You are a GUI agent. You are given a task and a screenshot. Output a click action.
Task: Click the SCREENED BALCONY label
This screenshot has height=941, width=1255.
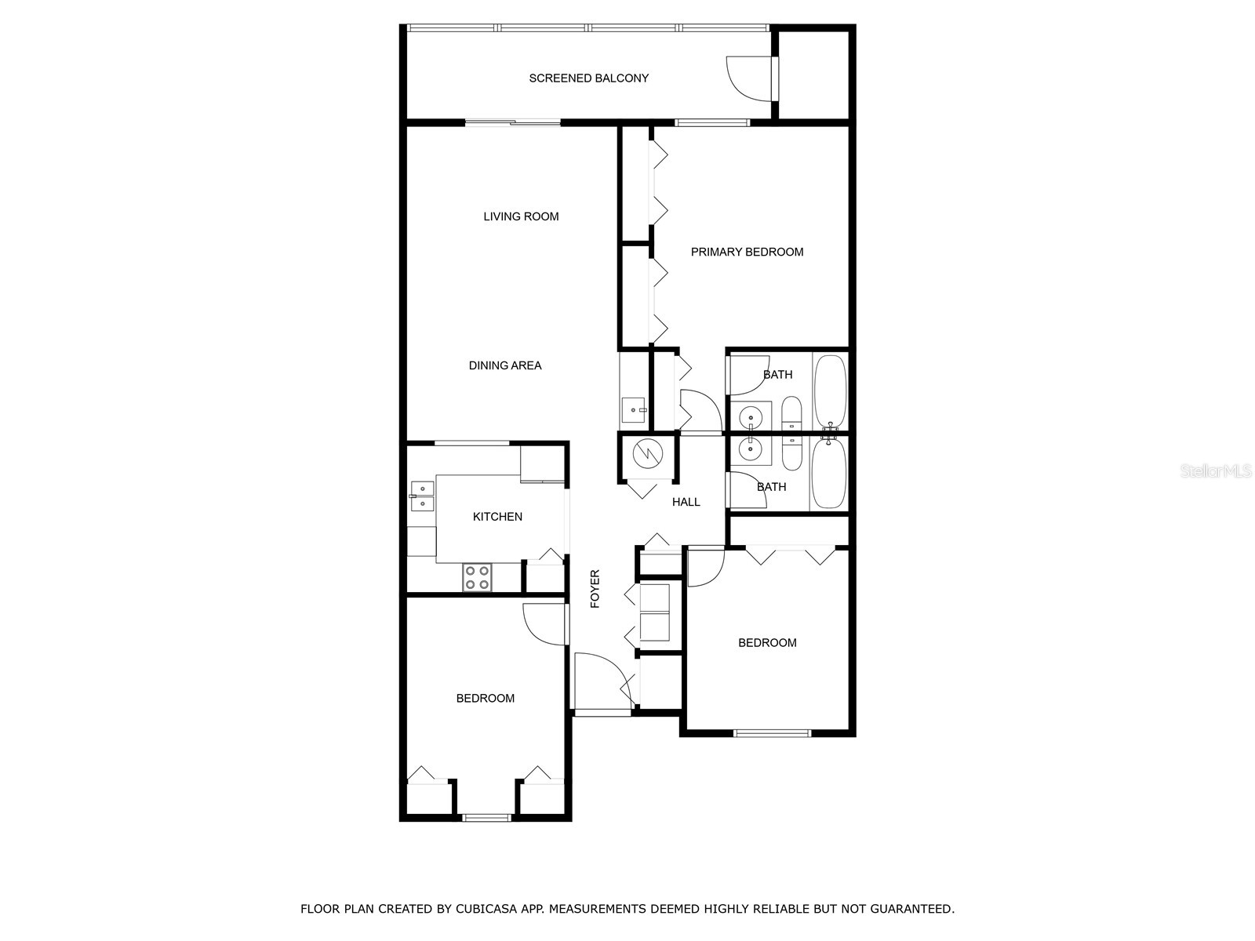588,78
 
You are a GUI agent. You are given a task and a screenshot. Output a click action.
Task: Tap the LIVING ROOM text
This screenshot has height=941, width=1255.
521,216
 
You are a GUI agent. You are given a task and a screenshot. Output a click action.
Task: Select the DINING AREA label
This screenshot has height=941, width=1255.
504,365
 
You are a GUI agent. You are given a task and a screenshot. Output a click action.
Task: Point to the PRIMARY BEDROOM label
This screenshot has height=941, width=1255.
747,252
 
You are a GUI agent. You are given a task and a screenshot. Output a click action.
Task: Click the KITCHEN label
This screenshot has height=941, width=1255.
497,517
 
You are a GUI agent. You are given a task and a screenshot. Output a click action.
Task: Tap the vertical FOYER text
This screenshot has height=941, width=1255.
595,588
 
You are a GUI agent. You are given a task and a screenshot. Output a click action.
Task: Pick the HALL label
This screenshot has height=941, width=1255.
686,502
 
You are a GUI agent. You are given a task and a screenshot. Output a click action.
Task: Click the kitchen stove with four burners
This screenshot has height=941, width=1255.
477,577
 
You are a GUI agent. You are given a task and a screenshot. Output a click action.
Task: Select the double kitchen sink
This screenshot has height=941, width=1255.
422,496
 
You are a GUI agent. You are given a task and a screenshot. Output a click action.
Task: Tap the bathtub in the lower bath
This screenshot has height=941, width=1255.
829,473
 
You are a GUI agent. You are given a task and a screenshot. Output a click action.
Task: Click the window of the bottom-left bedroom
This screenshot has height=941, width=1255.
486,818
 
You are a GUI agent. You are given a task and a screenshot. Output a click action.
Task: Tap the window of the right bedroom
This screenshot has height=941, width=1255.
772,733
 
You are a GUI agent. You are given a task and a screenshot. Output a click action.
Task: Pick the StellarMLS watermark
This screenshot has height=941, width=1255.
1216,471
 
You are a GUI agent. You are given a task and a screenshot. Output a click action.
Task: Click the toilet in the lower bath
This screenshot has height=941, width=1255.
791,453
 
